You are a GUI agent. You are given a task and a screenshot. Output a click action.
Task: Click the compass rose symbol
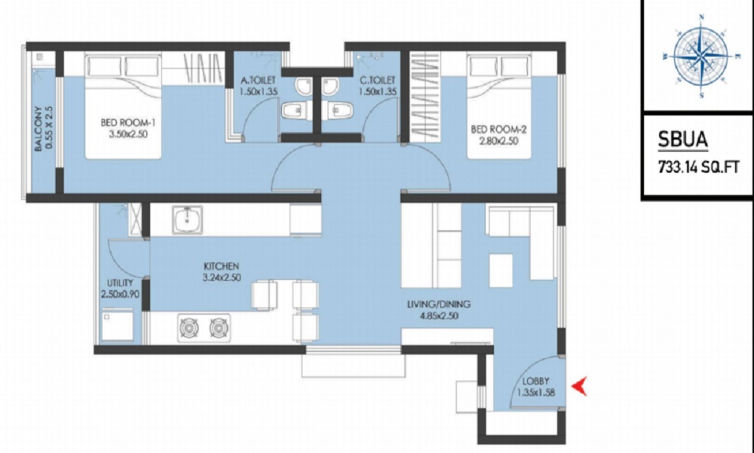point(700,57)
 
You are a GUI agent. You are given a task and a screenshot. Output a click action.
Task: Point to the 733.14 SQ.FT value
point(697,169)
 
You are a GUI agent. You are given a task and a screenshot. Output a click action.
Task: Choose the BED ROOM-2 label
point(498,129)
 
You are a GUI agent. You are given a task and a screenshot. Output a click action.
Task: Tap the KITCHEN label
point(221,267)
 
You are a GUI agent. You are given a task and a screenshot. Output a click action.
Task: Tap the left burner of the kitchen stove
point(188,328)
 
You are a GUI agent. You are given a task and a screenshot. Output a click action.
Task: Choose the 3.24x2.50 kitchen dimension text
point(221,278)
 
